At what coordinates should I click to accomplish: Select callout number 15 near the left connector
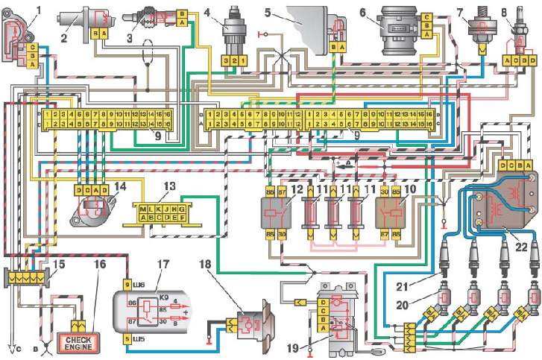(x=56, y=265)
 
